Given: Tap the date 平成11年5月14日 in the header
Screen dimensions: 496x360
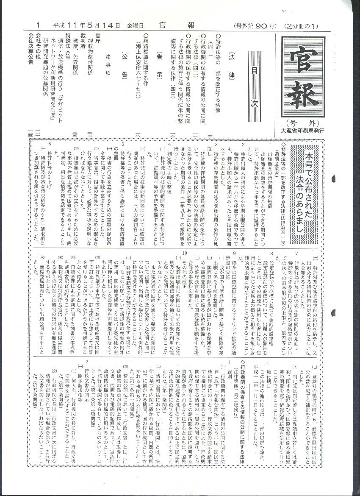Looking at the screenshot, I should (x=86, y=25).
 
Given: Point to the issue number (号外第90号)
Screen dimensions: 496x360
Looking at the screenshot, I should (x=255, y=25).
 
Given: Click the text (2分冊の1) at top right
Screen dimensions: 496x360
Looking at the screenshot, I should (x=301, y=25).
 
